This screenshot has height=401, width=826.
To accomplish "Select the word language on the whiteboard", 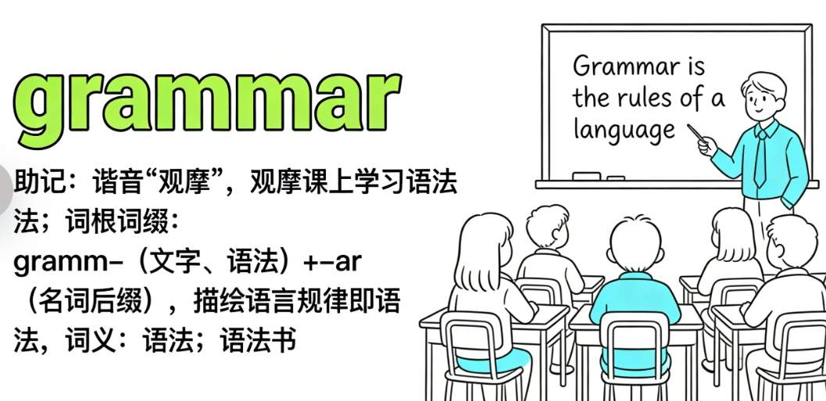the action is [x=624, y=131].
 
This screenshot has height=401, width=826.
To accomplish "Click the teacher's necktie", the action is [x=760, y=158].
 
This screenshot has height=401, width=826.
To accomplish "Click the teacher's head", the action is [x=763, y=95].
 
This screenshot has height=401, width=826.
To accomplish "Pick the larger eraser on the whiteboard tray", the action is [x=586, y=176].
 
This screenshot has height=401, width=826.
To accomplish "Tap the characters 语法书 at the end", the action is [x=258, y=341].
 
